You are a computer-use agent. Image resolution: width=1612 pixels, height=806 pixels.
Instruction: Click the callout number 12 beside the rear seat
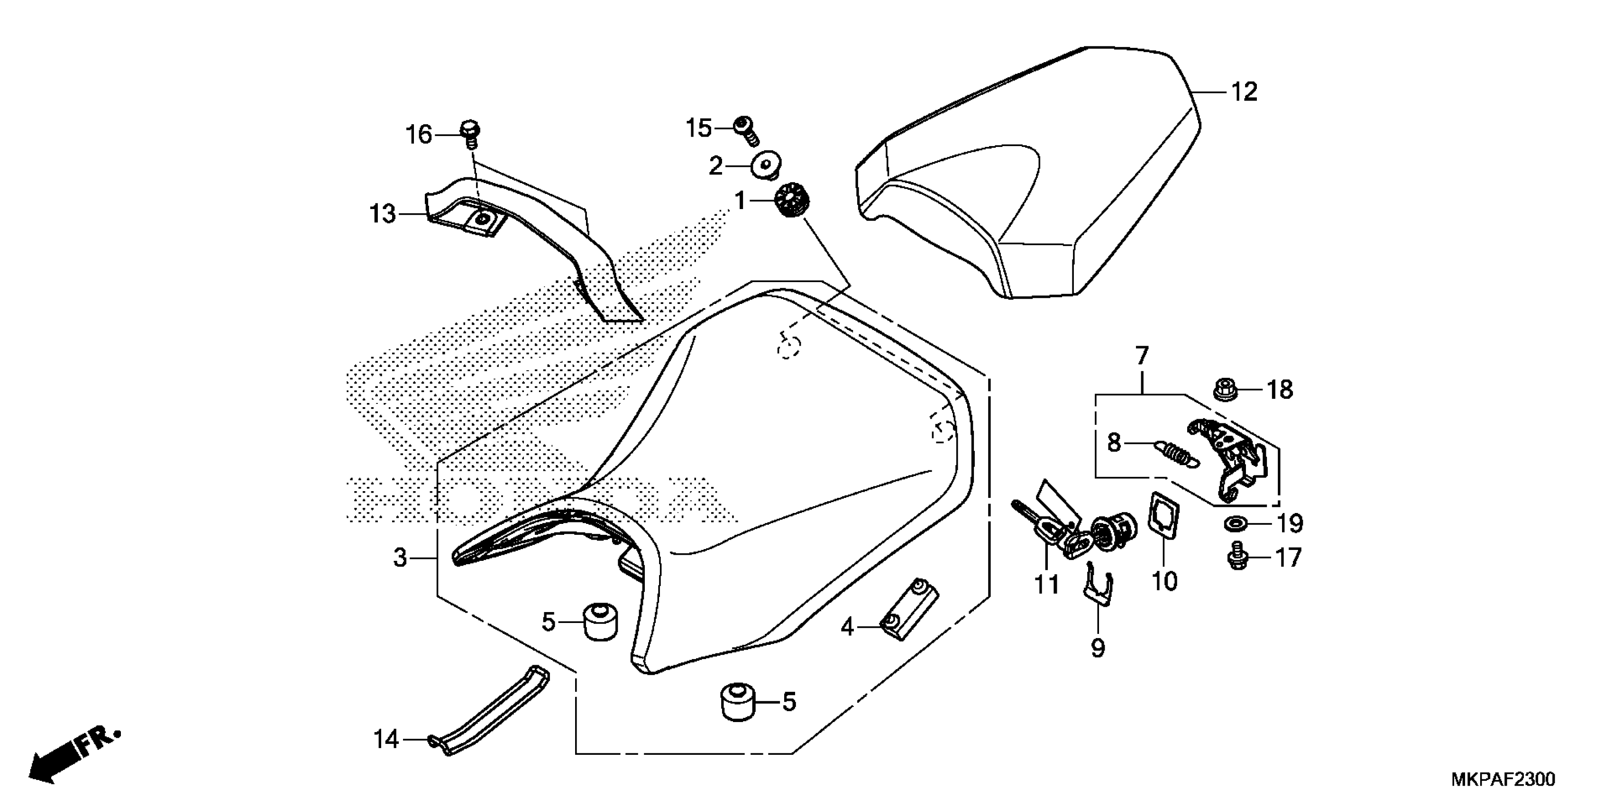(1244, 92)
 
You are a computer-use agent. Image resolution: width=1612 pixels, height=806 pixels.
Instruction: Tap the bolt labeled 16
(470, 133)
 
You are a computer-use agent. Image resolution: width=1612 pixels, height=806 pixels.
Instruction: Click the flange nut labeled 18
(1225, 389)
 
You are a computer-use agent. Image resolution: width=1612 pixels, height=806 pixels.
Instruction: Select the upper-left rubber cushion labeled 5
(599, 622)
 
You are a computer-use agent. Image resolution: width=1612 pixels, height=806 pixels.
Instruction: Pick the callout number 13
(383, 215)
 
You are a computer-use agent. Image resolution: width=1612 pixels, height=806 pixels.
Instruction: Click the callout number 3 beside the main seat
(400, 557)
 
